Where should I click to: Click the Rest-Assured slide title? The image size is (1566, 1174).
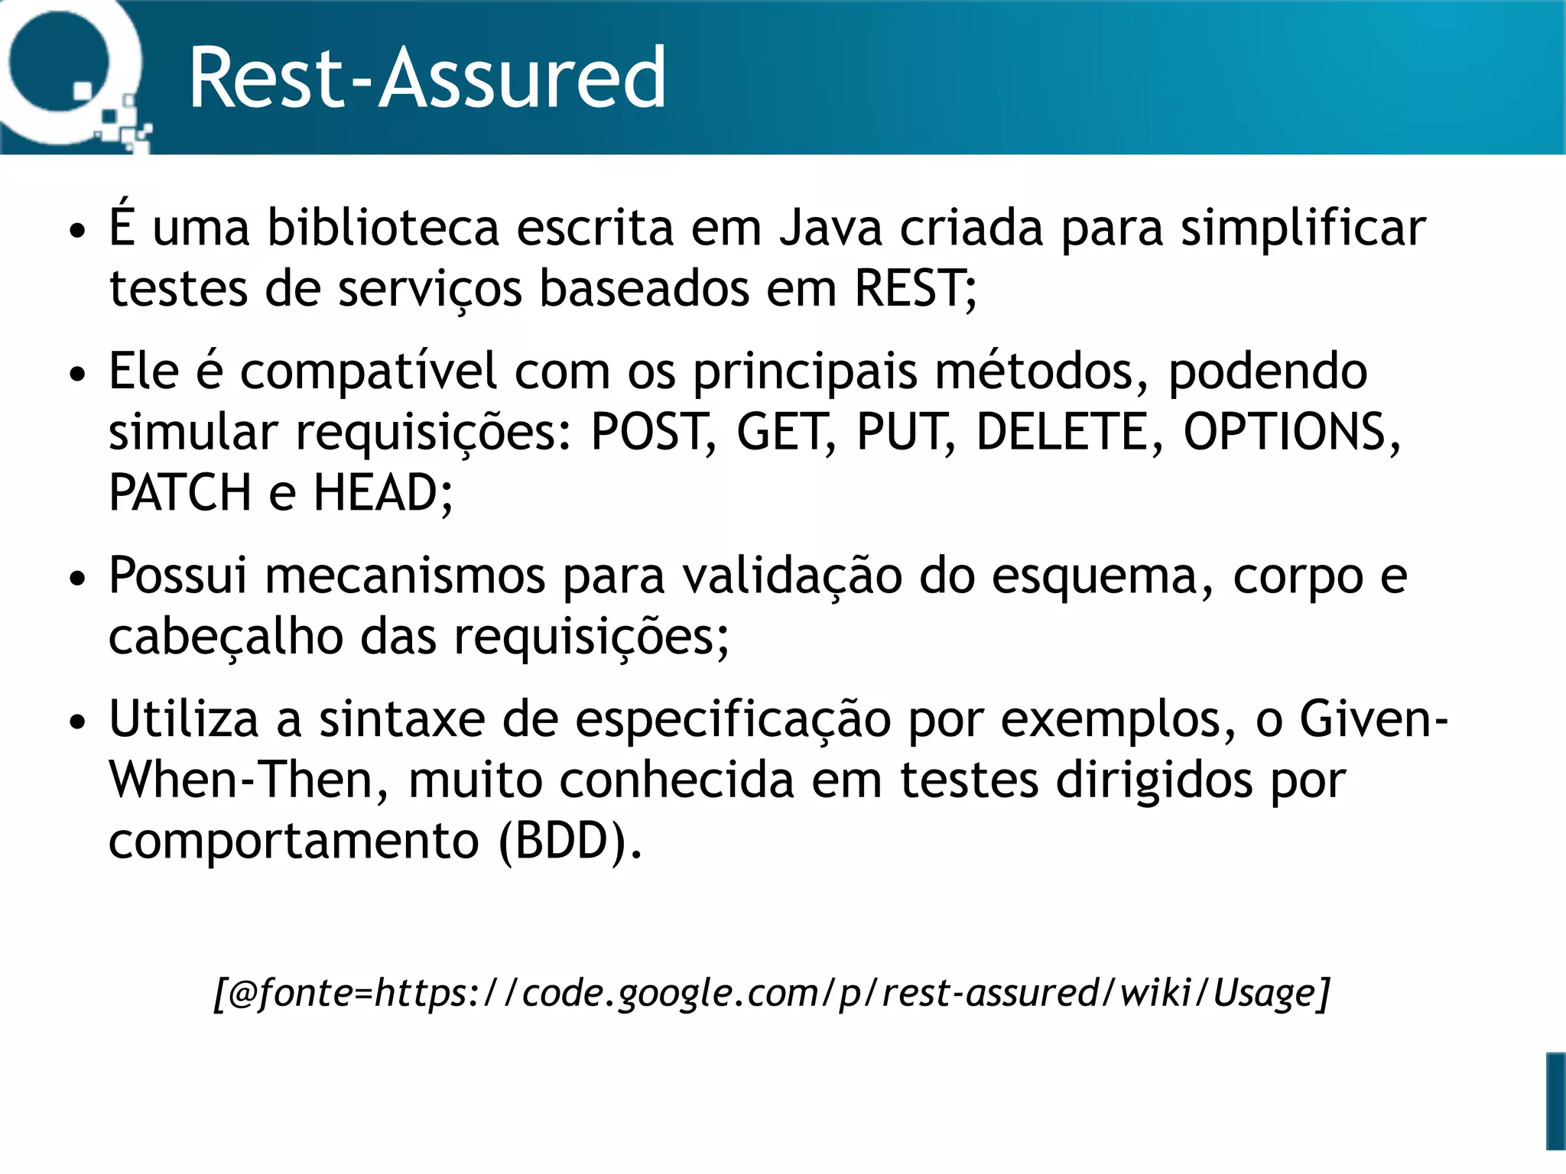click(427, 78)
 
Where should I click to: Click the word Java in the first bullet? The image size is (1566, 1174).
click(830, 228)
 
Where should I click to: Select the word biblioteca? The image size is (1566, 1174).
click(382, 228)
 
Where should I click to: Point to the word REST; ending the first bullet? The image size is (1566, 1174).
click(915, 289)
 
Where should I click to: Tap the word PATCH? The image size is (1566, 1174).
click(180, 493)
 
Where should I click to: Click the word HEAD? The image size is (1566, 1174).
click(383, 493)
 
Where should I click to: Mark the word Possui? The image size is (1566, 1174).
click(178, 576)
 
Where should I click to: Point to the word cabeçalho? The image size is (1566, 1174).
click(226, 637)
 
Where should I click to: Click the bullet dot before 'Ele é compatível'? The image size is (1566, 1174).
click(77, 375)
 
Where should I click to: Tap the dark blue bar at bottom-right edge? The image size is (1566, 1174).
click(1555, 1101)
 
